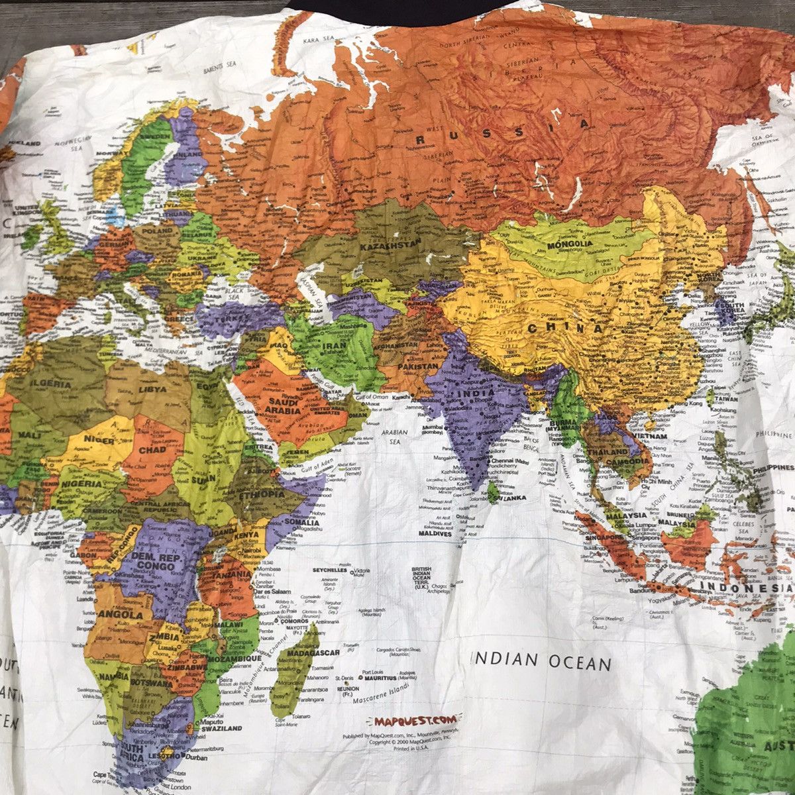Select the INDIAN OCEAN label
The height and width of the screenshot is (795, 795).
coord(541,661)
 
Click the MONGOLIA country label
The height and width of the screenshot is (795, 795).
coord(569,244)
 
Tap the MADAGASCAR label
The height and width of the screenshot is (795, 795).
coord(313,653)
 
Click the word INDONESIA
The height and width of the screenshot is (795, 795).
coord(746,588)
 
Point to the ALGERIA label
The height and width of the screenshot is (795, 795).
coord(49,384)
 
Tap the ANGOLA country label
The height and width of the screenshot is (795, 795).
coord(121,615)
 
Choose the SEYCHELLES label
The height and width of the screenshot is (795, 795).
coord(329,570)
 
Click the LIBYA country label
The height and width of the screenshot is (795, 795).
coord(152,390)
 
